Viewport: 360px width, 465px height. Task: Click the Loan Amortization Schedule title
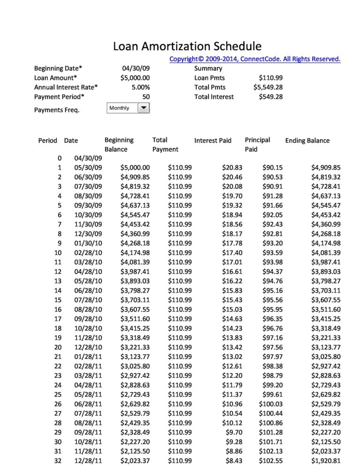point(187,46)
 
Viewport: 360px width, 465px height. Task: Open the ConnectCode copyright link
point(255,59)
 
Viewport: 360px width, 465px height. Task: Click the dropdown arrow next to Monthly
point(143,108)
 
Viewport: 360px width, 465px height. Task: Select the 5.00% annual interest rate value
point(141,87)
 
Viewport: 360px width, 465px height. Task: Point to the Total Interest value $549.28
point(270,97)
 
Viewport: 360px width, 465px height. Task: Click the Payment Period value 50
point(146,97)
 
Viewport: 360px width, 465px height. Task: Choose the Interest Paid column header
point(213,140)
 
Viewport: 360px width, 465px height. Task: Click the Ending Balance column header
point(307,140)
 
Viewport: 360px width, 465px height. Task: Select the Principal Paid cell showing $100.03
point(270,404)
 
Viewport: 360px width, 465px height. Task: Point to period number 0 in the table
point(59,158)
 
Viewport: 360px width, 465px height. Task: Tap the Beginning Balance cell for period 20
point(135,347)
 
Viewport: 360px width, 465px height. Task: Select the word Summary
point(208,68)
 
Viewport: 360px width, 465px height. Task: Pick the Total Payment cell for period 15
point(180,300)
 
